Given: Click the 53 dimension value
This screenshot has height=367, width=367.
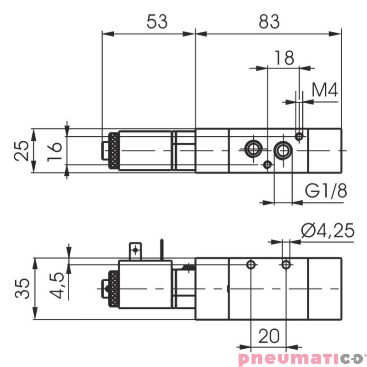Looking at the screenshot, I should click(157, 21).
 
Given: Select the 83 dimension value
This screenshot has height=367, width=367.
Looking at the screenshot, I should click(268, 21).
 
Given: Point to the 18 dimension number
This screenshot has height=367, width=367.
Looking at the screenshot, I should click(284, 58).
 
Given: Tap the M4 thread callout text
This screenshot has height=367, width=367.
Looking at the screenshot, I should click(324, 90).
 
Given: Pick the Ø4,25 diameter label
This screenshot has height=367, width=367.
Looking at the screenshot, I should click(328, 230).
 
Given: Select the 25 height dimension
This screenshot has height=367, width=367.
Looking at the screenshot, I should click(22, 150).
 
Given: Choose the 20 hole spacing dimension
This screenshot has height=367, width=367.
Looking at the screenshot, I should click(269, 337).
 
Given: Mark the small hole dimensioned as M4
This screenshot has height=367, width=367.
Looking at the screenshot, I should click(300, 136).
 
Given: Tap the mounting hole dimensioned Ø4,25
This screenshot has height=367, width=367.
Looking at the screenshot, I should click(286, 264).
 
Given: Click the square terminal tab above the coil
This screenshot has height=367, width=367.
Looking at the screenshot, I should click(135, 250).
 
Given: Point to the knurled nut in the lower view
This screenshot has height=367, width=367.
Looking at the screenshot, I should click(112, 289).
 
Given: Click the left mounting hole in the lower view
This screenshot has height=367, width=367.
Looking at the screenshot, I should click(250, 264).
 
